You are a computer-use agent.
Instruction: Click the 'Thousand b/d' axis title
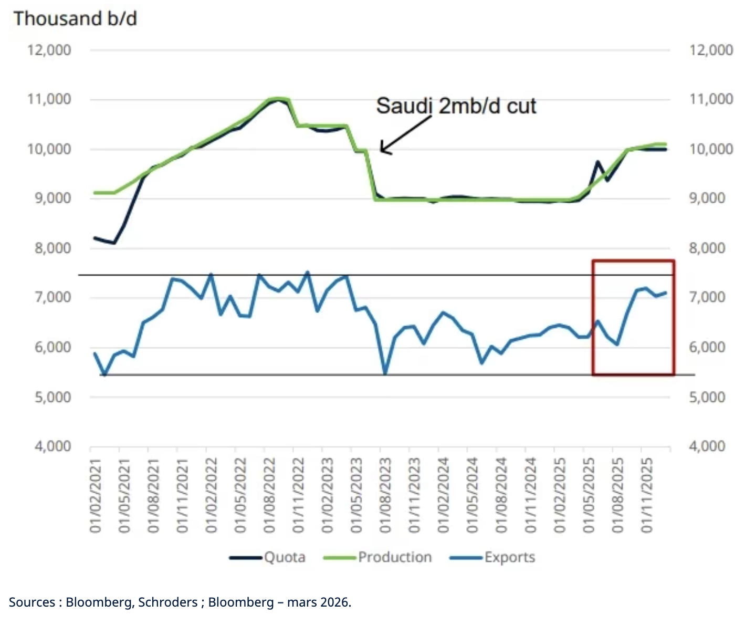75,18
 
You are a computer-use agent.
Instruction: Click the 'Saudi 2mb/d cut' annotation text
456,106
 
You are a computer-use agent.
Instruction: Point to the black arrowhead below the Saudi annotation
384,150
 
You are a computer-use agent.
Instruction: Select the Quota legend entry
268,557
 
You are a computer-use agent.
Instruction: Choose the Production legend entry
378,557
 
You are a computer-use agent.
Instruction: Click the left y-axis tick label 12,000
49,50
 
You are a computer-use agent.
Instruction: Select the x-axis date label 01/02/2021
96,495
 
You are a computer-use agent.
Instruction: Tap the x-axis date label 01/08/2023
385,495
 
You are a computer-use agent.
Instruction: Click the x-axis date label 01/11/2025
646,495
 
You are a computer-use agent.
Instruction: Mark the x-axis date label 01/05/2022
240,495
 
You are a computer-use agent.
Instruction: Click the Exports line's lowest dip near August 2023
385,373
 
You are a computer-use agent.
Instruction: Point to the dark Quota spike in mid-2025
597,162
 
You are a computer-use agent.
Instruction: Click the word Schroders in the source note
167,602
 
